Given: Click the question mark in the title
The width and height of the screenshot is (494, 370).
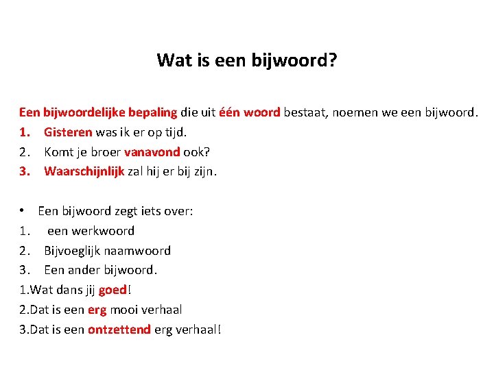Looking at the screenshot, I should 332,60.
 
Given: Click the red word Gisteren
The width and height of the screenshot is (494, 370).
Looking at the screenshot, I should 68,132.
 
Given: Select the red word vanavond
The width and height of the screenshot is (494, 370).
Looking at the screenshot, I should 152,151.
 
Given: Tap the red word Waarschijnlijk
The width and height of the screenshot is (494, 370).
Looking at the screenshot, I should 84,171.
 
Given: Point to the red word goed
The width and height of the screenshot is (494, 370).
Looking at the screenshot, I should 113,290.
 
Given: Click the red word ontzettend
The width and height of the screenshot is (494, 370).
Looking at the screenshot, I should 119,330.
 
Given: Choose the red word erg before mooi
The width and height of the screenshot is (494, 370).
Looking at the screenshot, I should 97,310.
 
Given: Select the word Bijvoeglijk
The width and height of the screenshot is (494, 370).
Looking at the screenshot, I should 74,251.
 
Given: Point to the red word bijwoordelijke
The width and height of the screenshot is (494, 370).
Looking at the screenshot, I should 84,112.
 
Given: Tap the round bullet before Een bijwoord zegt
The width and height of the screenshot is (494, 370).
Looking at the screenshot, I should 23,211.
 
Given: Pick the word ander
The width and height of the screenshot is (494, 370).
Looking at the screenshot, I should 85,270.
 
